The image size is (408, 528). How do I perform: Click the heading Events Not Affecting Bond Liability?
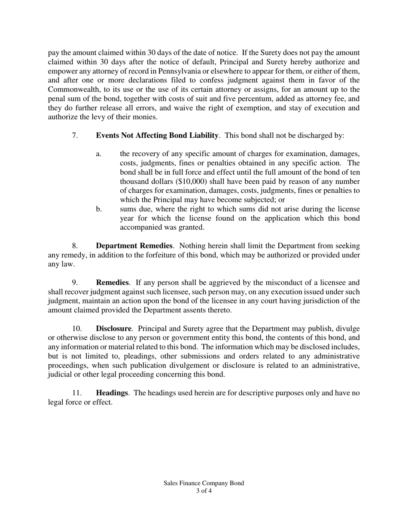point(157,136)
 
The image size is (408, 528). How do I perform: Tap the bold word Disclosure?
point(113,329)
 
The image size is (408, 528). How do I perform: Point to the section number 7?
point(75,136)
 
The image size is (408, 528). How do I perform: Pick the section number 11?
point(76,393)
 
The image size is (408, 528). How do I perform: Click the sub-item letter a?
point(99,154)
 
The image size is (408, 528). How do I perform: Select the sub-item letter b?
point(99,209)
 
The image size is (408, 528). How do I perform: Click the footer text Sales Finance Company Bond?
point(204,483)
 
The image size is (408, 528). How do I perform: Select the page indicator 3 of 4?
point(204,491)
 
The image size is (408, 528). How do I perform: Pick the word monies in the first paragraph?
point(146,117)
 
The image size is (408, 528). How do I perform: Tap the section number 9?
point(75,283)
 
